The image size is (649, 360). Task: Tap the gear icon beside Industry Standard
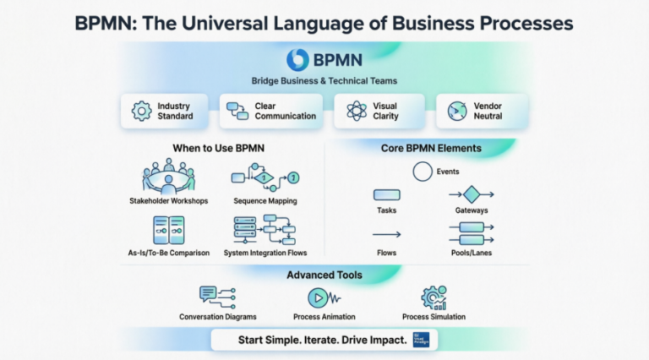click(x=141, y=111)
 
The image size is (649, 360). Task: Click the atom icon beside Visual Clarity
click(x=357, y=111)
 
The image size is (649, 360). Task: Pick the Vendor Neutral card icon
click(x=456, y=111)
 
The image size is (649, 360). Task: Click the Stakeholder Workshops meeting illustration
click(x=168, y=177)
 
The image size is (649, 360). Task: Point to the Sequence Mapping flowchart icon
click(x=265, y=178)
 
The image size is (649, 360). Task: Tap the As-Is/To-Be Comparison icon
click(x=168, y=230)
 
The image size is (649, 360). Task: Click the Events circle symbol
click(x=423, y=172)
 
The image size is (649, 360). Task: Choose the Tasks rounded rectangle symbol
click(x=387, y=195)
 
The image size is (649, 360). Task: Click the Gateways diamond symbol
click(x=471, y=195)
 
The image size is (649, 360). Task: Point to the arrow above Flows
click(x=386, y=235)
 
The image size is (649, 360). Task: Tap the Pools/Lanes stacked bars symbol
click(x=471, y=233)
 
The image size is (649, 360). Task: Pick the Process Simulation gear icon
click(x=434, y=297)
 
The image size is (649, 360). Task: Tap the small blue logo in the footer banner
click(x=420, y=340)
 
